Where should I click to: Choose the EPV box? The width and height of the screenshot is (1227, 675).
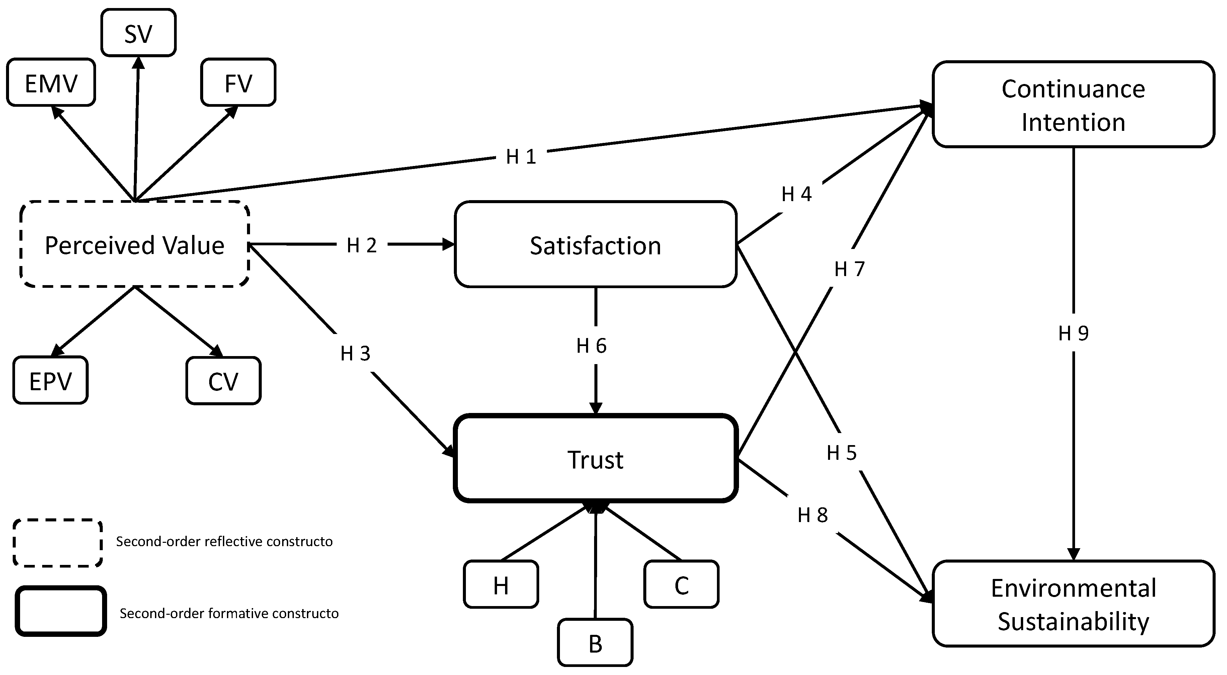click(51, 381)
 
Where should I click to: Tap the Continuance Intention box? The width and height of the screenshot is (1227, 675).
click(1073, 105)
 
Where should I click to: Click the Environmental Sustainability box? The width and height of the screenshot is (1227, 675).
click(1073, 604)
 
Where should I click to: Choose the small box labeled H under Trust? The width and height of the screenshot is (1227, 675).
click(501, 585)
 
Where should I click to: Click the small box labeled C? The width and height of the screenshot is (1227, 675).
click(681, 585)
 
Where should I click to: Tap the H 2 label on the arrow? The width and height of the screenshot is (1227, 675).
click(361, 245)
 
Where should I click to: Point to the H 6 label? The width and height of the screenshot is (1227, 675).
click(591, 345)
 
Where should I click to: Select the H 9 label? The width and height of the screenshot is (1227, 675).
click(1073, 333)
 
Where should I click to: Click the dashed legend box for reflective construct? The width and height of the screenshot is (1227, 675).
click(58, 542)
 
